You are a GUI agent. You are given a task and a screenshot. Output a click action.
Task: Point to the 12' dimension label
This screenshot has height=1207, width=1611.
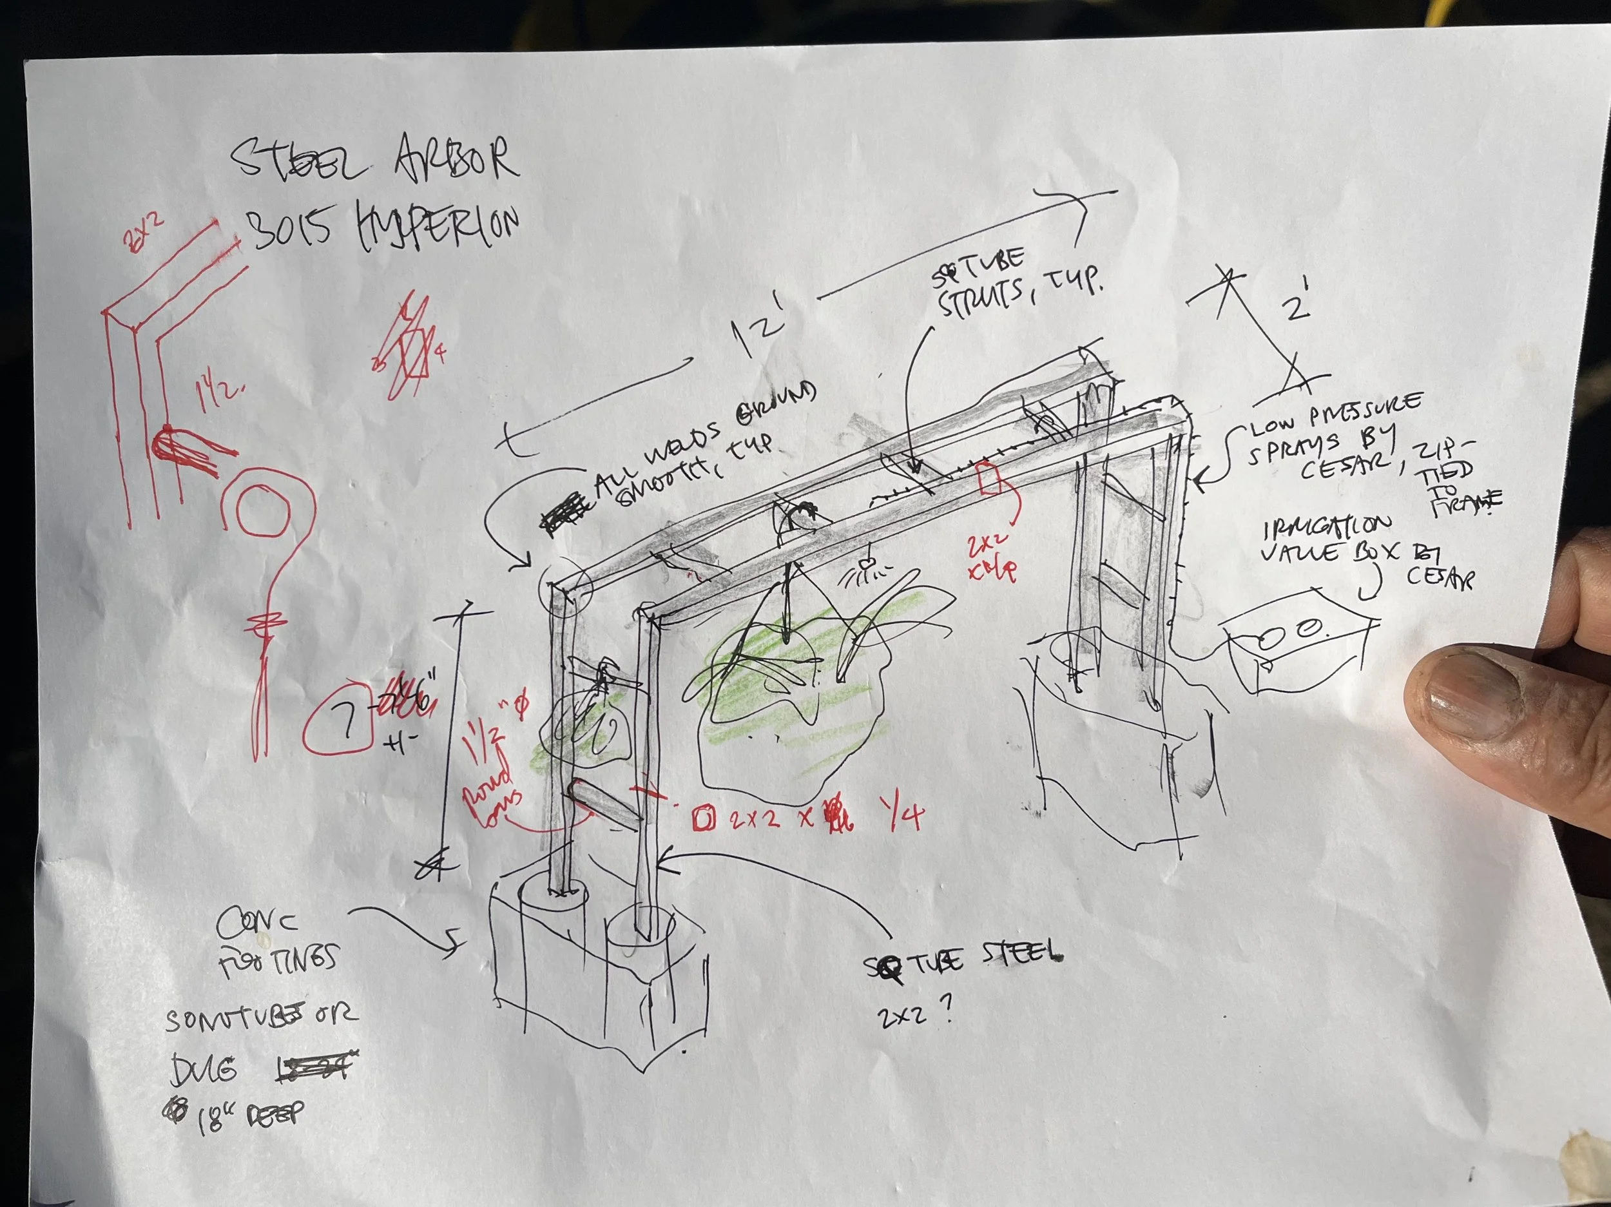pos(757,331)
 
